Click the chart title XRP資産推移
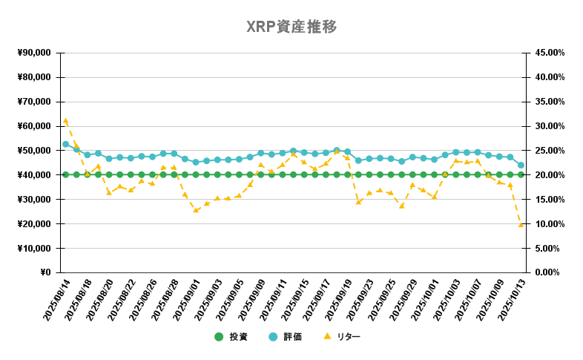[x=291, y=27]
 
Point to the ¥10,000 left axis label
[x=32, y=248]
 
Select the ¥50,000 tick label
[x=32, y=151]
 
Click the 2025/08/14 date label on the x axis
[x=56, y=301]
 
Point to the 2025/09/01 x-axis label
[x=186, y=301]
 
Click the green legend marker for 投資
[x=219, y=337]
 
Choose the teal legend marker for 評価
[x=273, y=337]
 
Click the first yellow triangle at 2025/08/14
[x=65, y=120]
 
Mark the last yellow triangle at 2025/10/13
[x=521, y=223]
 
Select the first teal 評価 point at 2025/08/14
[x=65, y=144]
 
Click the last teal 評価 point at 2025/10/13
[x=521, y=165]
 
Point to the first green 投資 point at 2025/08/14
[x=65, y=174]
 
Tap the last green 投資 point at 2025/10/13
[x=521, y=174]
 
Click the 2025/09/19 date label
[x=337, y=301]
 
